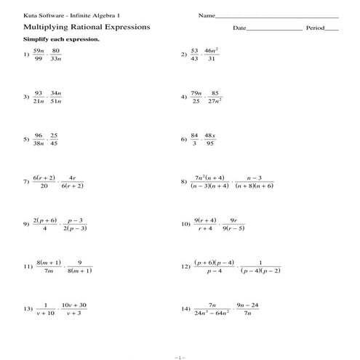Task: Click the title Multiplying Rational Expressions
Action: (87, 27)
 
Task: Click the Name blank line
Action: (277, 16)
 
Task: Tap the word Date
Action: (240, 28)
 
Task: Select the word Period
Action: (314, 28)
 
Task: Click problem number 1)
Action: (26, 55)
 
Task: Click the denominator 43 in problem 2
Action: (194, 59)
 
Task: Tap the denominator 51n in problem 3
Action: (57, 101)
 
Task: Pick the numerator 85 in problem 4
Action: (215, 92)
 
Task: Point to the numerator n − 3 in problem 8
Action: (255, 177)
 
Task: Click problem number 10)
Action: (185, 225)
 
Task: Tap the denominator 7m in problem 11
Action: (49, 271)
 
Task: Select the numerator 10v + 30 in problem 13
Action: (74, 305)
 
